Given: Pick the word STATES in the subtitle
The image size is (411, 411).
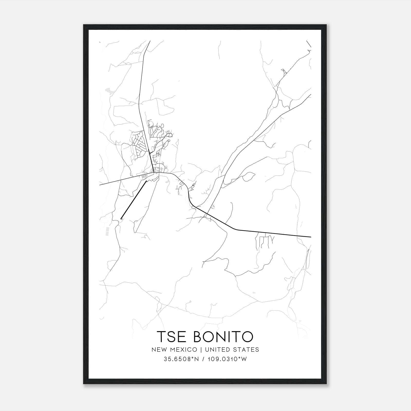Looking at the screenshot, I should (246, 350).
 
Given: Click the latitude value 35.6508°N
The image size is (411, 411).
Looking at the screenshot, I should (182, 359).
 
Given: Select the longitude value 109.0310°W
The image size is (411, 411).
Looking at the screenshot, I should (227, 359).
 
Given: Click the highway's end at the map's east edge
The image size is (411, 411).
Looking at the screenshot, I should (311, 237).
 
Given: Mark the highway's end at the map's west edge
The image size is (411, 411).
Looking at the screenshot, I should (100, 185).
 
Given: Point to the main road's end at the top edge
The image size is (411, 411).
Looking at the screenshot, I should (150, 41).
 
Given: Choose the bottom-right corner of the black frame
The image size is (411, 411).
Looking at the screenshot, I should (327, 384).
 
